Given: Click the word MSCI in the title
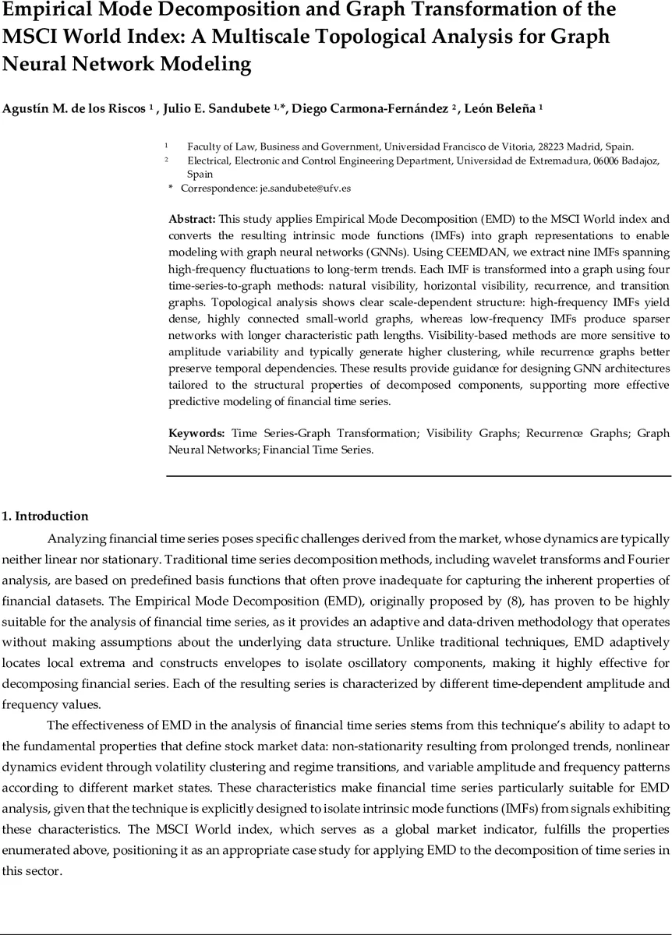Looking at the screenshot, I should point(31,37).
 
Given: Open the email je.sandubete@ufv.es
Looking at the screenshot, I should point(305,189).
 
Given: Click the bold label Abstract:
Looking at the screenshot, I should point(193,219).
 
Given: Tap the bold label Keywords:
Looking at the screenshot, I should point(197,433).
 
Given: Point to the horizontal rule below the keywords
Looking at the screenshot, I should point(419,475).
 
